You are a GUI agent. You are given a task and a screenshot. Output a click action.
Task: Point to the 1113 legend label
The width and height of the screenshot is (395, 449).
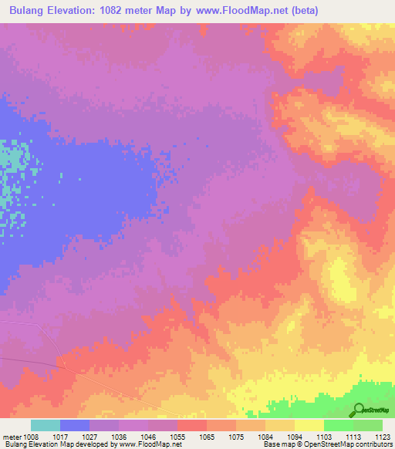tap(351, 435)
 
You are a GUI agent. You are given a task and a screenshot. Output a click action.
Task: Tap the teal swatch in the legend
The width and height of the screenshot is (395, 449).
tap(46, 425)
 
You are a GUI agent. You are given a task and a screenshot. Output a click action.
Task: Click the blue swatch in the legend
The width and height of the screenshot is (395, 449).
tap(75, 425)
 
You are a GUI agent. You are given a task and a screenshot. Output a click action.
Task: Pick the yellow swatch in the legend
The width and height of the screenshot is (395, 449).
tap(309, 425)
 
